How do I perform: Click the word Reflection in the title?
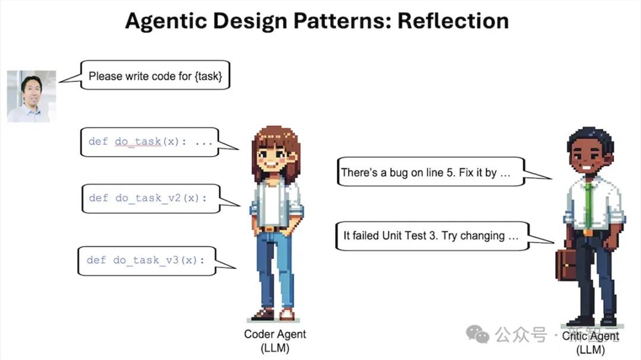pos(453,21)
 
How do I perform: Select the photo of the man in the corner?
pos(31,97)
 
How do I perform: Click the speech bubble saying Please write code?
pos(155,75)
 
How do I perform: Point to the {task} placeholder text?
pos(208,76)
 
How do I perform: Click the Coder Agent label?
pos(275,341)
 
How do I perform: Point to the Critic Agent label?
pos(590,343)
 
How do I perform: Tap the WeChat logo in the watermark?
pos(478,334)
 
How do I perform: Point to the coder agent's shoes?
pos(274,315)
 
